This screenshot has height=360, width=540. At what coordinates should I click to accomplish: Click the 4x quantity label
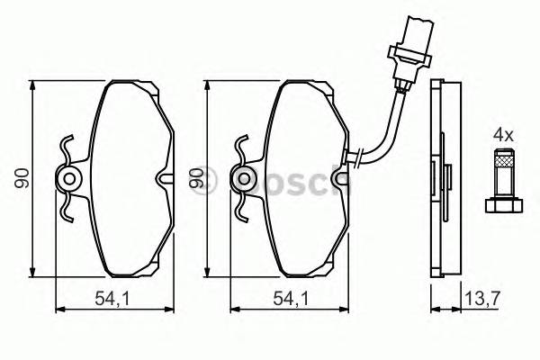point(502,134)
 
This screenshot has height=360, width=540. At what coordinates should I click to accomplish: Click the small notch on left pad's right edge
point(163,180)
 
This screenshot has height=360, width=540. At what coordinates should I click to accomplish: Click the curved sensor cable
point(388,126)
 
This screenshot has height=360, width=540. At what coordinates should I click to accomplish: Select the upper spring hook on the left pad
point(65,147)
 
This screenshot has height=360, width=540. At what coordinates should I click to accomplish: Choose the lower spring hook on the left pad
point(65,212)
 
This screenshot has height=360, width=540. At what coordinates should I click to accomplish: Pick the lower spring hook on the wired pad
point(239,212)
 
